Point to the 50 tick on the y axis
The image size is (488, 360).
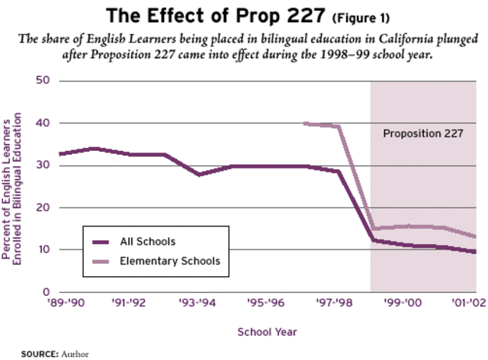coord(44,81)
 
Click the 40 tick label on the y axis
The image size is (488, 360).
coord(44,123)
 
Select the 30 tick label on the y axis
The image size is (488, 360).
coord(44,166)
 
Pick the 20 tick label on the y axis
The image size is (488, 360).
coord(44,207)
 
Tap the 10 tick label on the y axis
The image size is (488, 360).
coord(44,250)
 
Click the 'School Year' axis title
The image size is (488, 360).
coord(268,332)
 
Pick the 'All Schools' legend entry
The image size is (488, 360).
coord(148,242)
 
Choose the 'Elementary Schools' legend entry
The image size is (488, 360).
coord(170,261)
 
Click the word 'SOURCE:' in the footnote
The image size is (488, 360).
coord(40,354)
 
